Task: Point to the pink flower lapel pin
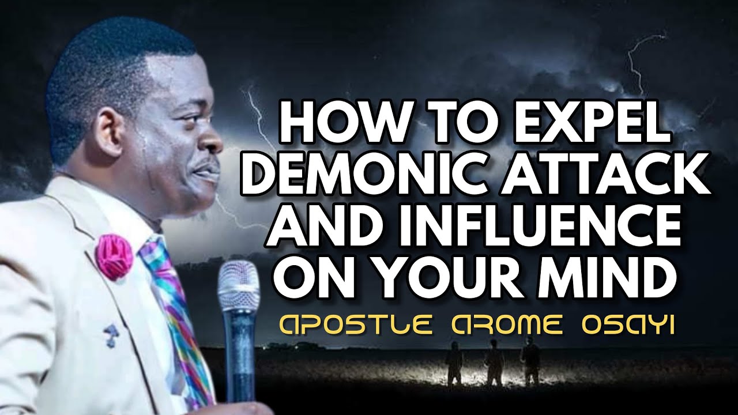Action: point(114,254)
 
